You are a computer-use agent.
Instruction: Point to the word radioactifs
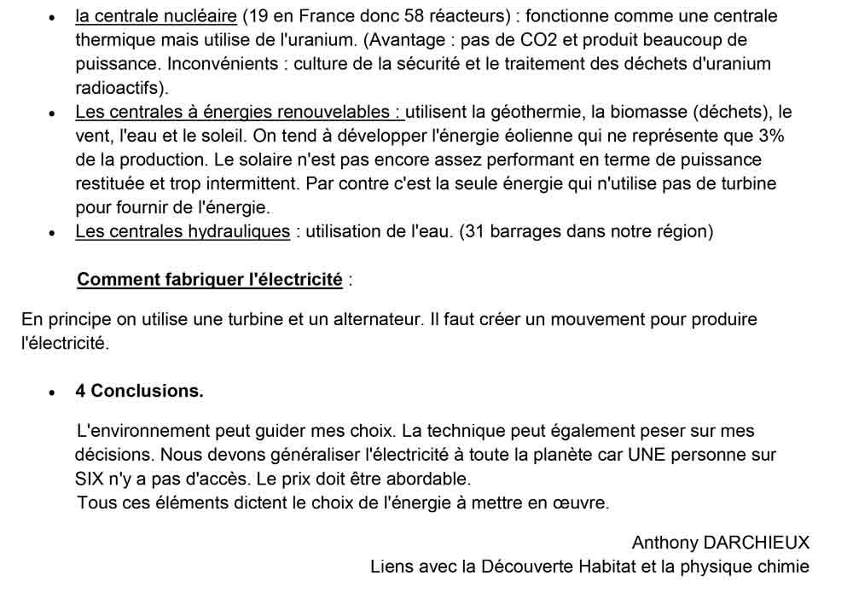coord(120,88)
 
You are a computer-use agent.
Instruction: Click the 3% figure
coord(769,136)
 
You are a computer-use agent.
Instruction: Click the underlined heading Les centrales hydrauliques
coord(182,231)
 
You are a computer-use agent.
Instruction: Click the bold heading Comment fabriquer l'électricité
coord(210,279)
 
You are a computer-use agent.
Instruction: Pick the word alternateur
coord(372,320)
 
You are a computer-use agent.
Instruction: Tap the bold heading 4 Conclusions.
coord(139,391)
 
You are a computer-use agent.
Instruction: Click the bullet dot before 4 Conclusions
coord(52,392)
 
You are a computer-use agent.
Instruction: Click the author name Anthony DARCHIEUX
coord(720,543)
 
